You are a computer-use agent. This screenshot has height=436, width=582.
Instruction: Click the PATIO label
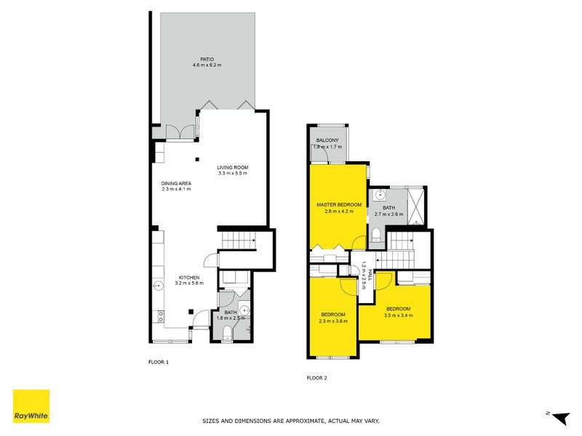(207, 59)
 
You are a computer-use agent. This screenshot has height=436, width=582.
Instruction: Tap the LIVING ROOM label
(232, 167)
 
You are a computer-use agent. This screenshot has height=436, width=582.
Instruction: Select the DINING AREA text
(176, 183)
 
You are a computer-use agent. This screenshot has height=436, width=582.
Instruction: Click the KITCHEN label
(189, 278)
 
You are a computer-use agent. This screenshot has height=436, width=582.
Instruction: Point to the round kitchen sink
(158, 287)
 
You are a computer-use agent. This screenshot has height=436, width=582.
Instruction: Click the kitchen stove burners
(158, 316)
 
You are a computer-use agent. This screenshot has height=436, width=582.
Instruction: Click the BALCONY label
(327, 140)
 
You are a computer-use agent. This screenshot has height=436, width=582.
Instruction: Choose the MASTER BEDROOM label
(339, 205)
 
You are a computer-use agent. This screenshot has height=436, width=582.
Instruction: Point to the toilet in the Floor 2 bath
(375, 234)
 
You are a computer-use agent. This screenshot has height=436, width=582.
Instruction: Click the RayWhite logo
(31, 406)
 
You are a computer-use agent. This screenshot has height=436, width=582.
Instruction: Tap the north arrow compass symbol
(559, 417)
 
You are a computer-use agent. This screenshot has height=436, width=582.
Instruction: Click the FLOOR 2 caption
(317, 378)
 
